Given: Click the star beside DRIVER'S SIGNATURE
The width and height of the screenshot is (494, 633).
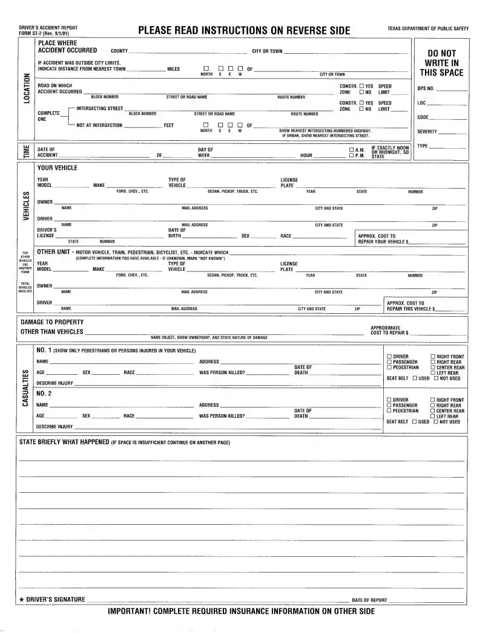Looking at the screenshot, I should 22,600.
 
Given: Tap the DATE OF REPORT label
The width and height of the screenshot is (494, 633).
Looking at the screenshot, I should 369,600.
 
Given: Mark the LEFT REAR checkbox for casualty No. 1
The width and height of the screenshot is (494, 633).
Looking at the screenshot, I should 432,373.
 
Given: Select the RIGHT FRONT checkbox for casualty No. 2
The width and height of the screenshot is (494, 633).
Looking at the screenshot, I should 432,400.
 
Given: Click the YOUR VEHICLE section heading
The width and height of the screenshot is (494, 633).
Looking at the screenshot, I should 58,168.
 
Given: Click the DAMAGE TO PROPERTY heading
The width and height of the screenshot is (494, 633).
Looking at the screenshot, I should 52,322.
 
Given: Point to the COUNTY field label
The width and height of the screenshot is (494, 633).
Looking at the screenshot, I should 119,51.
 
